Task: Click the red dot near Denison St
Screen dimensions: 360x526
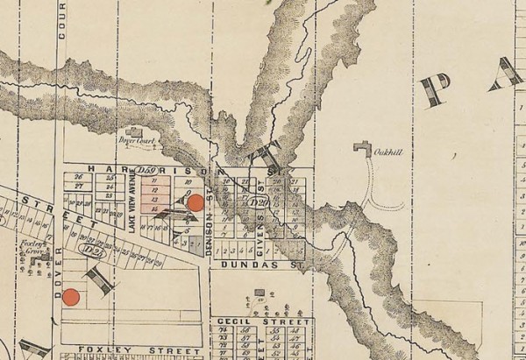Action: point(196,202)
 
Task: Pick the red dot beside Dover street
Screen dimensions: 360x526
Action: point(73,296)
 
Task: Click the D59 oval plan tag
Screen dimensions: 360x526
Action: point(146,167)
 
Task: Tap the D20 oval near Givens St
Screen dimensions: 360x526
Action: point(259,203)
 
